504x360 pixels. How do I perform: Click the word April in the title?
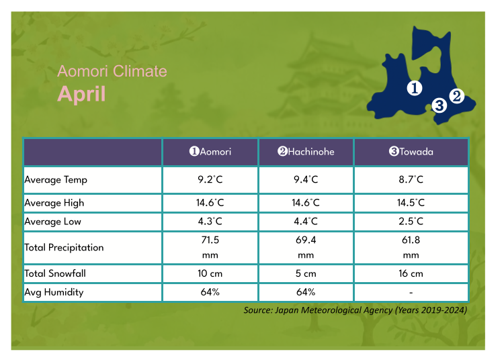[x=81, y=93]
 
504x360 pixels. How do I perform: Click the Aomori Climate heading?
[x=112, y=71]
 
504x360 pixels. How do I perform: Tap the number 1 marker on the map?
[x=415, y=88]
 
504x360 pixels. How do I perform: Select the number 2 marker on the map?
[x=456, y=96]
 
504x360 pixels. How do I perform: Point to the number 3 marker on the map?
[x=439, y=105]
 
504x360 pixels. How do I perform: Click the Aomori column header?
[x=210, y=152]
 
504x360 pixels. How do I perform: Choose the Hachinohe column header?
[x=306, y=152]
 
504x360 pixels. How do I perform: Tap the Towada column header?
[x=411, y=152]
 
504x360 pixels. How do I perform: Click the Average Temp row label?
[x=56, y=180]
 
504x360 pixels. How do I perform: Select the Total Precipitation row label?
[x=64, y=247]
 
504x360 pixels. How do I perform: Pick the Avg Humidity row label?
[x=53, y=293]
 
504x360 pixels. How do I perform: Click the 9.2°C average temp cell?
[x=210, y=180]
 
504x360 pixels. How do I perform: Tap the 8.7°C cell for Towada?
[x=411, y=180]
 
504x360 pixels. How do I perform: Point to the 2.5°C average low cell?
[x=411, y=222]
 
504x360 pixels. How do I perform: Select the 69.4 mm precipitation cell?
[x=306, y=247]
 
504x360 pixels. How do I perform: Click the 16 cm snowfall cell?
[x=411, y=273]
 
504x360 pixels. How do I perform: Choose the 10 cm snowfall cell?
[x=210, y=273]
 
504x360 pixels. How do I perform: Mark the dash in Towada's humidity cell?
[x=411, y=293]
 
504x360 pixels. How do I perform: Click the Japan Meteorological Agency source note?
[x=355, y=310]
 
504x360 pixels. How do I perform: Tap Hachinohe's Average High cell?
[x=306, y=203]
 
